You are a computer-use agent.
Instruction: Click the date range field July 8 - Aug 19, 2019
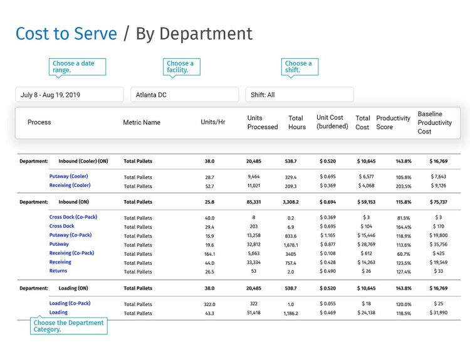[69, 95]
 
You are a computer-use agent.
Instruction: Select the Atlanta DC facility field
[184, 95]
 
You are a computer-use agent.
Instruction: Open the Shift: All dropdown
[299, 95]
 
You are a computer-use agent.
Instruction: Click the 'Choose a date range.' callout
[77, 67]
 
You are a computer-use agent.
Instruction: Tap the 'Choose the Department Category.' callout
[69, 326]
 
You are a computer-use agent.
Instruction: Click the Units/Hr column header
[212, 122]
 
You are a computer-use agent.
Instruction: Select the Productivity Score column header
[393, 122]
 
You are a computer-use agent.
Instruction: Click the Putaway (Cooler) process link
[69, 176]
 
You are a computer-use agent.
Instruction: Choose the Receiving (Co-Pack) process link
[71, 253]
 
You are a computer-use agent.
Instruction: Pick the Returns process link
[58, 271]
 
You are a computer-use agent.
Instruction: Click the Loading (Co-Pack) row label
[70, 303]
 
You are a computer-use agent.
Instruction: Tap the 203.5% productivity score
[404, 186]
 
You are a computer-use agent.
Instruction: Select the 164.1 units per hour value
[209, 253]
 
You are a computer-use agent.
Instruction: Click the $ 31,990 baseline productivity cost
[439, 312]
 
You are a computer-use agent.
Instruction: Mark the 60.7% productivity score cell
[404, 254]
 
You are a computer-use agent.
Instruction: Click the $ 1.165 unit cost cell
[327, 235]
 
